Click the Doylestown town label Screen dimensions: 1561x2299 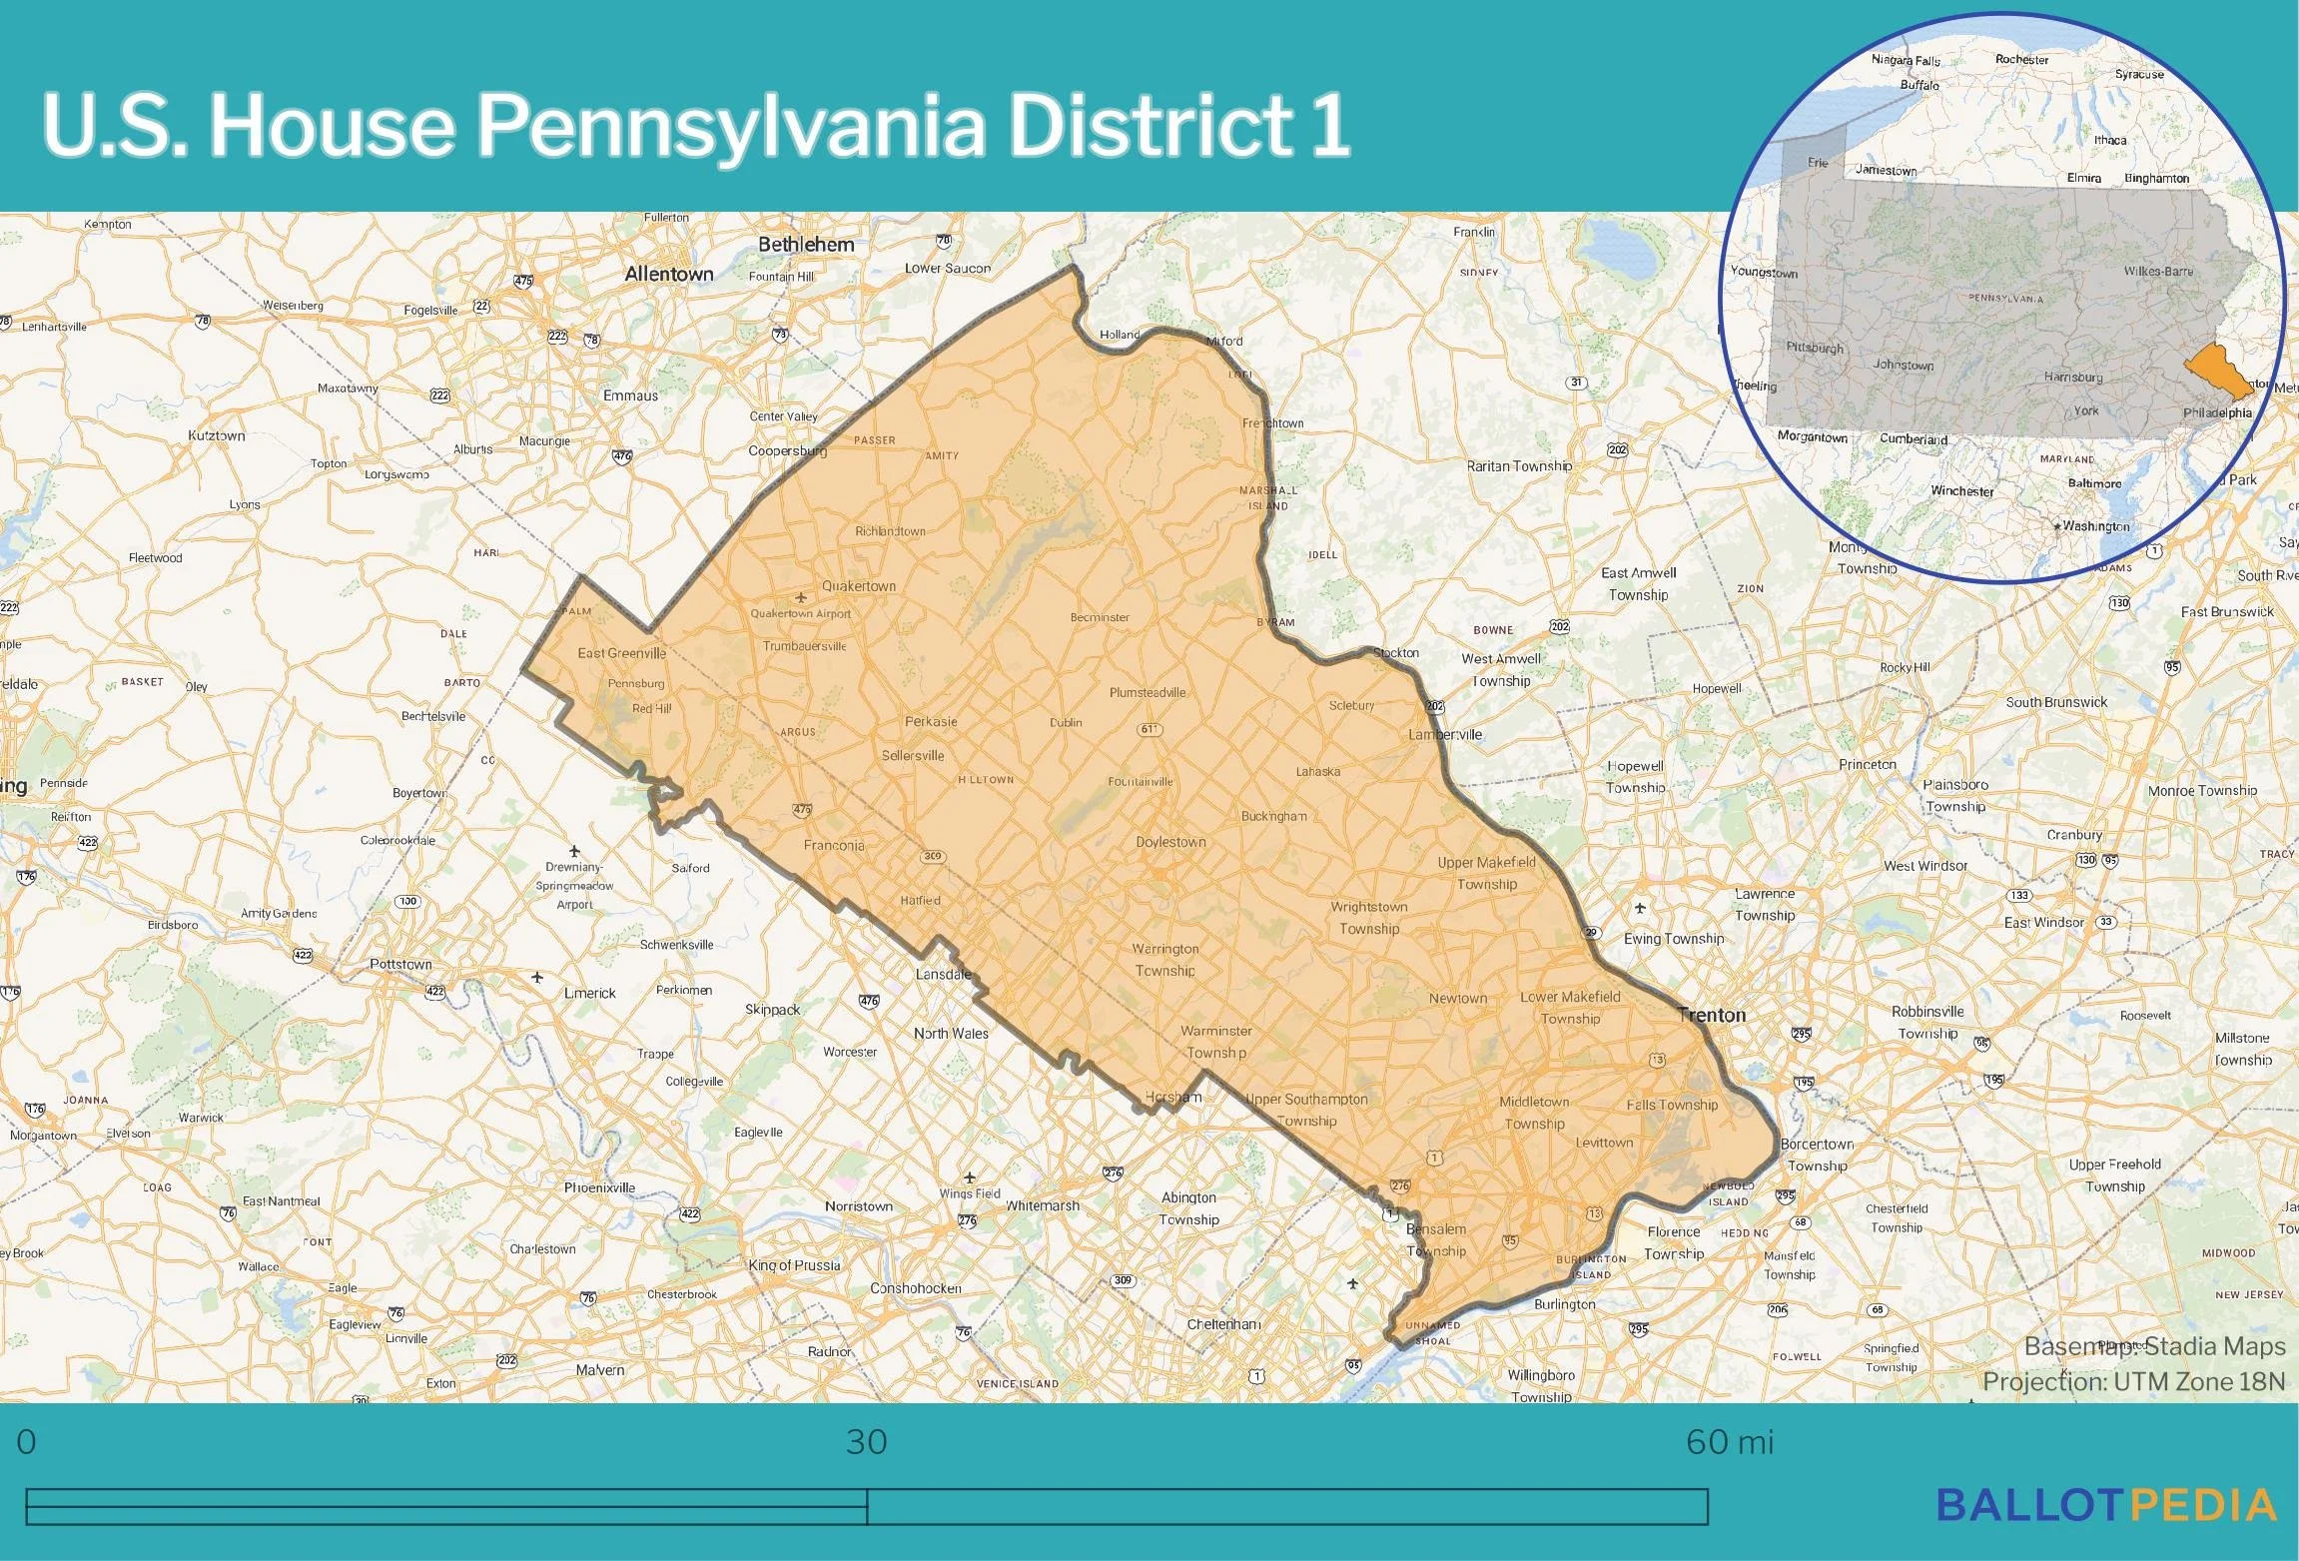pyautogui.click(x=1170, y=842)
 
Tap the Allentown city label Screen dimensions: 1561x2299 pyautogui.click(x=668, y=274)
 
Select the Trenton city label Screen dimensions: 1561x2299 pyautogui.click(x=1712, y=1015)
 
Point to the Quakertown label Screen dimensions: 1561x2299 pyautogui.click(x=858, y=586)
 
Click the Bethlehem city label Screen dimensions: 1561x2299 pyautogui.click(x=806, y=244)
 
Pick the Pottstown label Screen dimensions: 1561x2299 pyautogui.click(x=400, y=964)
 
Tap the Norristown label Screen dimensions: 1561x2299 pyautogui.click(x=858, y=1205)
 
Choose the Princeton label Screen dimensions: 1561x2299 pyautogui.click(x=1867, y=764)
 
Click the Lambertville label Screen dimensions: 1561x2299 pyautogui.click(x=1445, y=734)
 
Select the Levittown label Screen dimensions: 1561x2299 pyautogui.click(x=1604, y=1142)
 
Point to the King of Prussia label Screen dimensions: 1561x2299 pyautogui.click(x=794, y=1265)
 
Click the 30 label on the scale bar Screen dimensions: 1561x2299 pyautogui.click(x=866, y=1442)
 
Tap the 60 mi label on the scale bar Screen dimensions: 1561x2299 pyautogui.click(x=1730, y=1442)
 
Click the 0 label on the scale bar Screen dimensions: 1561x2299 pyautogui.click(x=27, y=1442)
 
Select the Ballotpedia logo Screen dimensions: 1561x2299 pyautogui.click(x=2107, y=1505)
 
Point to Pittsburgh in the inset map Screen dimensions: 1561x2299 pyautogui.click(x=1815, y=348)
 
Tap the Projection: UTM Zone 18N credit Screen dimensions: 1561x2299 pyautogui.click(x=2133, y=1381)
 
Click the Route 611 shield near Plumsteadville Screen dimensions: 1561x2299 pyautogui.click(x=1149, y=729)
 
